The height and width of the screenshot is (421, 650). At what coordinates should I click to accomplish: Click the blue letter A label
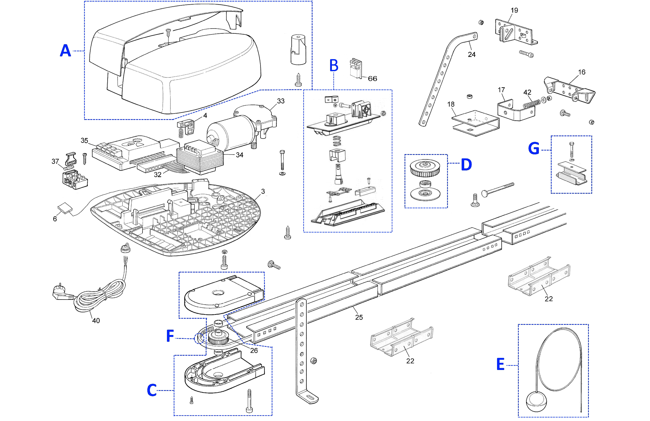pos(66,51)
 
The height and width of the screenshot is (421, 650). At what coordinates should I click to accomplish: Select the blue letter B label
pos(334,66)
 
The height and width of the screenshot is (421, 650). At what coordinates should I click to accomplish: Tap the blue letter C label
pos(152,390)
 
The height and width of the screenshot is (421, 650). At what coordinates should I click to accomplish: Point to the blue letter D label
pos(466,165)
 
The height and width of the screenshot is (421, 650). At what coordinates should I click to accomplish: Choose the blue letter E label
pos(500,364)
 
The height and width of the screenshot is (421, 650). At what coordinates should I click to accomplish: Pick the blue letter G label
pos(534,149)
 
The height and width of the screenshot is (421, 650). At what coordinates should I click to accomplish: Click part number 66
pos(372,79)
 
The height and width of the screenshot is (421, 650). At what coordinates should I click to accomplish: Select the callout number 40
pos(96,321)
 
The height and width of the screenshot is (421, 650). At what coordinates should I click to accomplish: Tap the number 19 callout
pos(514,10)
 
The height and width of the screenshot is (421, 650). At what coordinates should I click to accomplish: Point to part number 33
pos(281,101)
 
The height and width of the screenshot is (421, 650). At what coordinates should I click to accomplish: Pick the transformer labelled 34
pos(200,158)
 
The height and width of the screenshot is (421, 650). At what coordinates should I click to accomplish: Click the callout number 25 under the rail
pos(359,317)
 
